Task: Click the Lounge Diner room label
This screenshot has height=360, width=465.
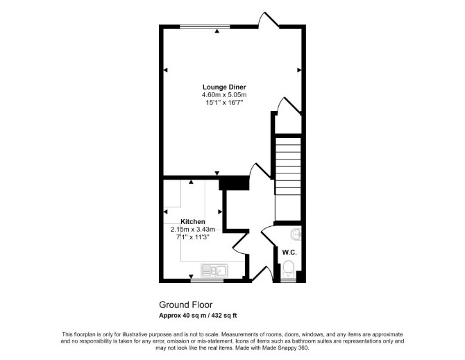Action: tap(224, 87)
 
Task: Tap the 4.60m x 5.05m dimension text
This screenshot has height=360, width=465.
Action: tap(224, 95)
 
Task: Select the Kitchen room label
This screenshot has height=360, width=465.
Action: tap(193, 222)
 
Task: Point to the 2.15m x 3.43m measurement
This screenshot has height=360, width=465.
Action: tap(193, 230)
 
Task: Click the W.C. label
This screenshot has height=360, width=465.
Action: tap(289, 252)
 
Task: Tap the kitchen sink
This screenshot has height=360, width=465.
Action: tap(214, 271)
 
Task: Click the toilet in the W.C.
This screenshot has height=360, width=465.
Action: tap(288, 269)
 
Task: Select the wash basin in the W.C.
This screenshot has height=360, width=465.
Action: tap(296, 234)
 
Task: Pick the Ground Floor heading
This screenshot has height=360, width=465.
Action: tap(186, 305)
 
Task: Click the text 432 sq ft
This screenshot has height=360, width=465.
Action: tap(225, 316)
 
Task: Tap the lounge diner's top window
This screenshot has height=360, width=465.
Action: tap(205, 26)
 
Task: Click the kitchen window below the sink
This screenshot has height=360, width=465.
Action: tap(207, 280)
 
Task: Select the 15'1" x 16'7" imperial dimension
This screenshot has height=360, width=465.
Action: tap(224, 103)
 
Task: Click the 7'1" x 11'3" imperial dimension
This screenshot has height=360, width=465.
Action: tap(193, 237)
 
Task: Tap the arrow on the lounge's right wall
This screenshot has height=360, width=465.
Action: tap(299, 70)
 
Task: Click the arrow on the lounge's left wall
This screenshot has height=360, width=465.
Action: tap(165, 70)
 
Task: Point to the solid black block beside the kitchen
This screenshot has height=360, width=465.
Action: tap(234, 183)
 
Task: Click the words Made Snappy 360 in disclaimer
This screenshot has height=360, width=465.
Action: tap(285, 348)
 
